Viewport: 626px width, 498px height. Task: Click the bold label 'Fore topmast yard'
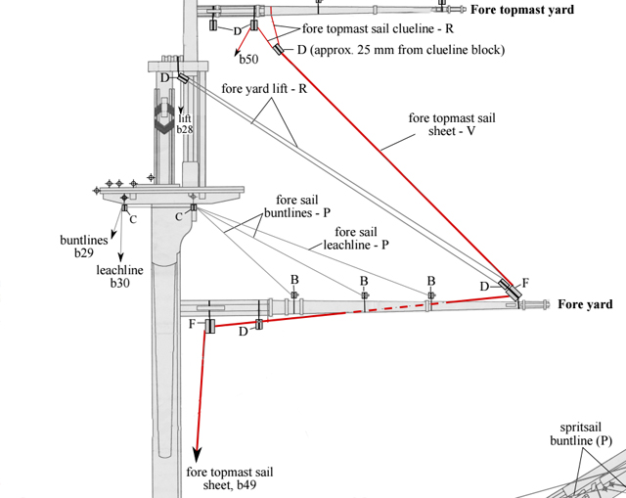point(522,10)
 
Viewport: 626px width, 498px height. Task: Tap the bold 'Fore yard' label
point(585,304)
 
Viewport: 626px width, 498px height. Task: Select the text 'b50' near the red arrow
point(248,59)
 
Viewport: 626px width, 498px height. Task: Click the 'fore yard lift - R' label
point(264,88)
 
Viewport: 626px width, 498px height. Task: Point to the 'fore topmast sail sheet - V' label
point(452,124)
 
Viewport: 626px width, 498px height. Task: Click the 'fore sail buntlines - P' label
point(297,206)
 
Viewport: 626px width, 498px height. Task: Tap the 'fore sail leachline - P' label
point(356,238)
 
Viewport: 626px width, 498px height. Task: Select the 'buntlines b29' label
point(84,246)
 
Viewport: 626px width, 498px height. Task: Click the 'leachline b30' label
point(119,276)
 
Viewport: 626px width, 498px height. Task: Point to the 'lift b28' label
point(185,124)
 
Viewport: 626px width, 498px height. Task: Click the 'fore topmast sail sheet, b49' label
point(230,478)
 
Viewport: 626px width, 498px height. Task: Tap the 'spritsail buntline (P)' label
point(581,433)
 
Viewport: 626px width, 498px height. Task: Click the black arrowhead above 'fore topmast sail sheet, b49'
point(197,455)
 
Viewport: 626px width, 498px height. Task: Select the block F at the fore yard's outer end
point(514,294)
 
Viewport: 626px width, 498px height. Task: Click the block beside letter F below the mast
point(210,326)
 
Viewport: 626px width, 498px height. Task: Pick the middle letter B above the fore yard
point(364,281)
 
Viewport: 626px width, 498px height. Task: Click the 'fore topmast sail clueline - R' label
point(378,28)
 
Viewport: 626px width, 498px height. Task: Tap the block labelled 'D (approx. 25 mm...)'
point(278,49)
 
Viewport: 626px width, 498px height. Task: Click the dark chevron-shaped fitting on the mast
point(163,118)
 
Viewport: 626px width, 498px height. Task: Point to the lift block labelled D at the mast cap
point(183,78)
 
